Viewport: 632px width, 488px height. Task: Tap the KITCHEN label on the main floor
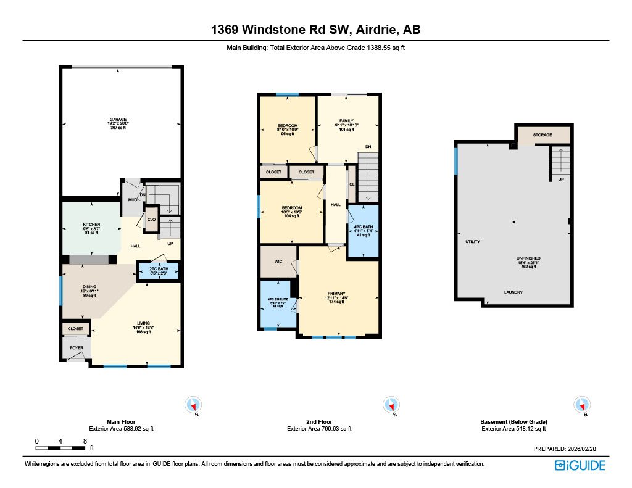pos(91,224)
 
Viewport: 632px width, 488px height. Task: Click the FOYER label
pos(75,348)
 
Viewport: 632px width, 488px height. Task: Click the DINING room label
pos(90,287)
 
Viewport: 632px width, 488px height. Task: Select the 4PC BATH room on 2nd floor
pos(362,228)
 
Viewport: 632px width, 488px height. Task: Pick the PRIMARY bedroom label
pos(336,294)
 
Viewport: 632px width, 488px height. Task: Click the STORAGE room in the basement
pos(543,135)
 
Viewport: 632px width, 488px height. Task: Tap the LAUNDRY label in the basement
pos(513,292)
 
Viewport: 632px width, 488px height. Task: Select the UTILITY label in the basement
pos(473,242)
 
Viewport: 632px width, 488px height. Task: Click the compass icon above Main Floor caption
pos(194,405)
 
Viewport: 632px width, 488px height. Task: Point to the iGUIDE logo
pos(580,465)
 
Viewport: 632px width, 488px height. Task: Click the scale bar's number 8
pos(84,441)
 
